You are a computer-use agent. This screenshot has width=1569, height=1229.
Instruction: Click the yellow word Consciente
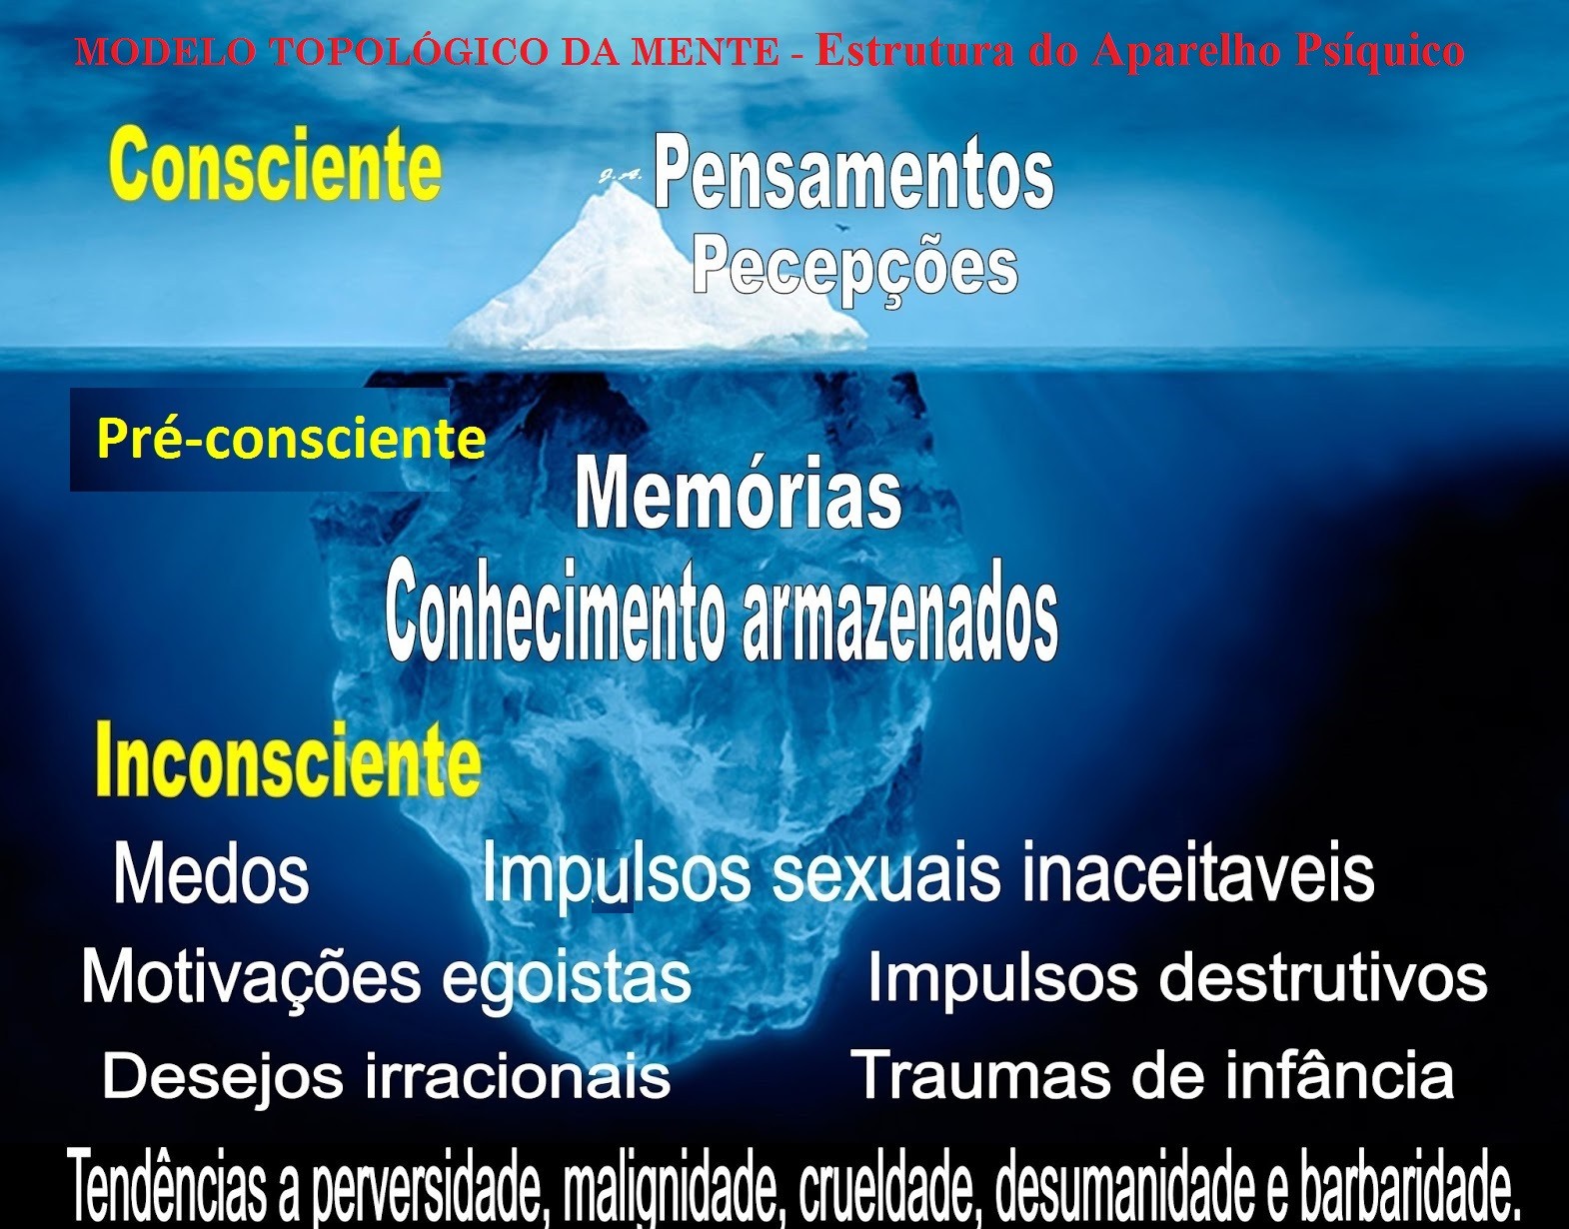pos(275,166)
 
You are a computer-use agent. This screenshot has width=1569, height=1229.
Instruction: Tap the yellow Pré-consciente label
pos(291,439)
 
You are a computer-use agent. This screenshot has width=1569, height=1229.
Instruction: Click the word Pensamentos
pos(853,173)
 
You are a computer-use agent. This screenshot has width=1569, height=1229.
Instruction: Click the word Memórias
pos(739,495)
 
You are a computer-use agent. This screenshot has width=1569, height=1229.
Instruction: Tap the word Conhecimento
pos(556,617)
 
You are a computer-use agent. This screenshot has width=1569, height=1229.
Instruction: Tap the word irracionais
pos(517,1076)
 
